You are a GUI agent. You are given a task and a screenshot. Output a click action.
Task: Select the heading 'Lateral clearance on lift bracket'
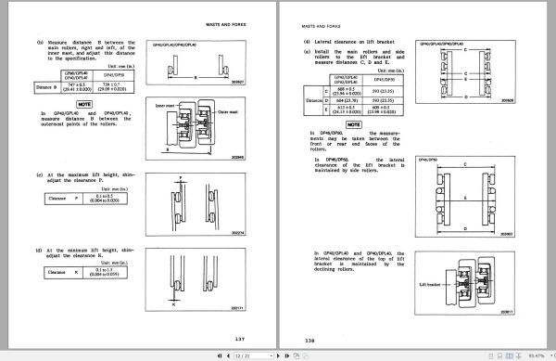[x=354, y=42]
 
